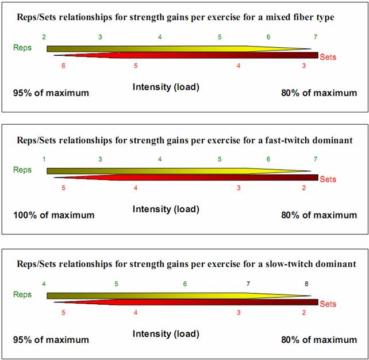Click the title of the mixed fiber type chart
[x=175, y=17]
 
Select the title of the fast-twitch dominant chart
[x=184, y=140]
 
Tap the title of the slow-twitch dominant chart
[x=184, y=265]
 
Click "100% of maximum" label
[x=54, y=215]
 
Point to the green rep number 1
[x=44, y=159]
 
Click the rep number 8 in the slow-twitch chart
[x=306, y=284]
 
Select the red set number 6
[x=63, y=67]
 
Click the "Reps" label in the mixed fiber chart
[x=22, y=48]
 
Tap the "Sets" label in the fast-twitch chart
[x=328, y=179]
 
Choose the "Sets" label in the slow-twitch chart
[x=328, y=304]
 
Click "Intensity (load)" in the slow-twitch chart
[x=166, y=334]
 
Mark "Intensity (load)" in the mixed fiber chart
[x=166, y=87]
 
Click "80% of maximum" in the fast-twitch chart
[x=319, y=215]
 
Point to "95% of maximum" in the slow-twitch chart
[x=51, y=340]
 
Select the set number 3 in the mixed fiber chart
[x=304, y=67]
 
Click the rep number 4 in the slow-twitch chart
[x=44, y=284]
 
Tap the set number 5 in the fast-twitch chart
[x=63, y=188]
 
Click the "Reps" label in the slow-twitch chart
[x=22, y=294]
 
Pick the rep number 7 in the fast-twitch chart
[x=316, y=159]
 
